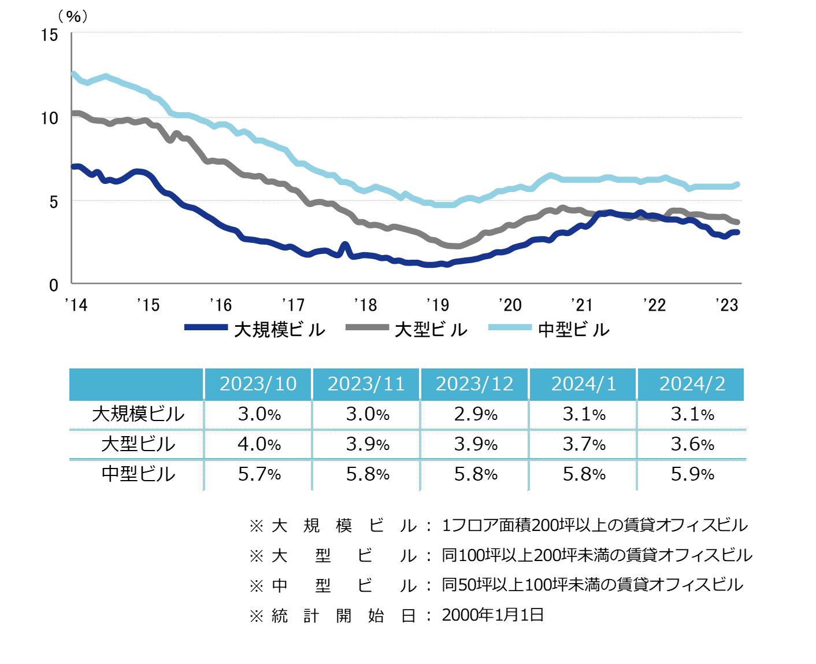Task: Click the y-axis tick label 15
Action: click(50, 35)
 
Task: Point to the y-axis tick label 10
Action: click(50, 119)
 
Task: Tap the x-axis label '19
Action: click(437, 305)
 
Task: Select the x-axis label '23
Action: click(727, 305)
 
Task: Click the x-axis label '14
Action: click(76, 305)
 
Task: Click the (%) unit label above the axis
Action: click(73, 17)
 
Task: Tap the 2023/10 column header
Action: click(258, 384)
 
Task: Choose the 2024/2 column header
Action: click(692, 384)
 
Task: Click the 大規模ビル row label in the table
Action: click(138, 414)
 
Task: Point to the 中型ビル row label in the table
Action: click(138, 474)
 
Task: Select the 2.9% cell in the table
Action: click(476, 414)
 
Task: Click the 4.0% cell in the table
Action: click(259, 444)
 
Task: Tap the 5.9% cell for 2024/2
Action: click(692, 474)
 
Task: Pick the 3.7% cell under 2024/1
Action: click(584, 444)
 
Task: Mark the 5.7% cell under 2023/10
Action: click(259, 474)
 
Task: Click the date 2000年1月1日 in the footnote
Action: click(493, 615)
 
